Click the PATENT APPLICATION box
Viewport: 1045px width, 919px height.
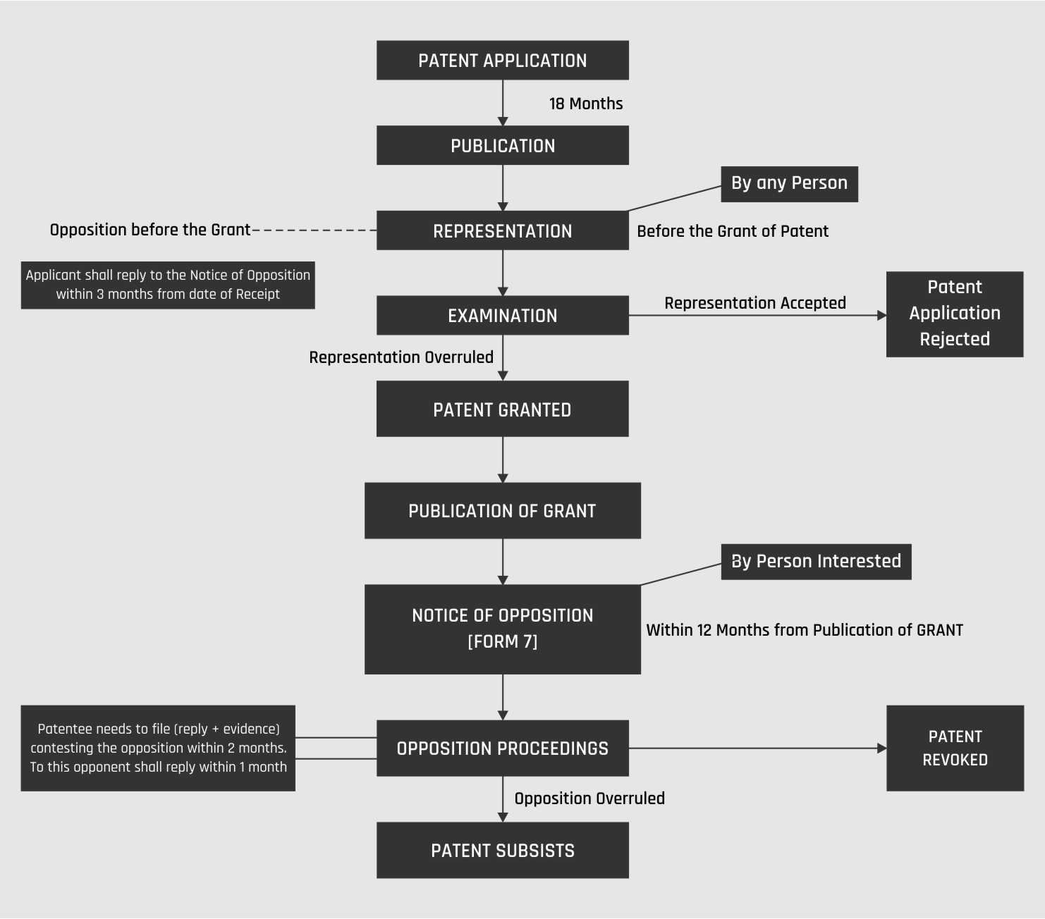pos(502,61)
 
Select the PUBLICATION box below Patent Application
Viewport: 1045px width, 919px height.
pos(502,145)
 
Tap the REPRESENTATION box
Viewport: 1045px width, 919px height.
pos(502,230)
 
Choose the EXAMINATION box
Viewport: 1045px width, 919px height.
pos(502,315)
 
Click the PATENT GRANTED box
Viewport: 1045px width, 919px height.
pos(502,409)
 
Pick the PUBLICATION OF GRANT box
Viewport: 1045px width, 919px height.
pos(502,510)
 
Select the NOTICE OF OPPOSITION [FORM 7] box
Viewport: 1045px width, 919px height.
pos(502,629)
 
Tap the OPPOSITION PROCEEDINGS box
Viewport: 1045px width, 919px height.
pos(502,748)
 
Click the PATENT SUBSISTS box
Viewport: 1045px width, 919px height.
pos(502,851)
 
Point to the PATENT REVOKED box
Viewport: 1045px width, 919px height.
pos(955,748)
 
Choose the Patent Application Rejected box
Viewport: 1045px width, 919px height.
pos(955,314)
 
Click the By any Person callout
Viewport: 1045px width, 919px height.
pos(789,184)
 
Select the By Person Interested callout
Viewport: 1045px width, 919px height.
pos(816,562)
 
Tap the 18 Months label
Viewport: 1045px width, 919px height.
pos(586,104)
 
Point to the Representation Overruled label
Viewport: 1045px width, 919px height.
pos(401,357)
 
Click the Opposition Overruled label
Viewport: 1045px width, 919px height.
pos(589,798)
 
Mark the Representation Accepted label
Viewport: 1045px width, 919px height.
pos(755,303)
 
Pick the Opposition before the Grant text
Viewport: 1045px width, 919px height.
pos(150,230)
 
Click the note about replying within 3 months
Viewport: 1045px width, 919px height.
pos(168,285)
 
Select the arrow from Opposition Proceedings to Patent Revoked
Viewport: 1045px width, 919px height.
pos(758,748)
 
